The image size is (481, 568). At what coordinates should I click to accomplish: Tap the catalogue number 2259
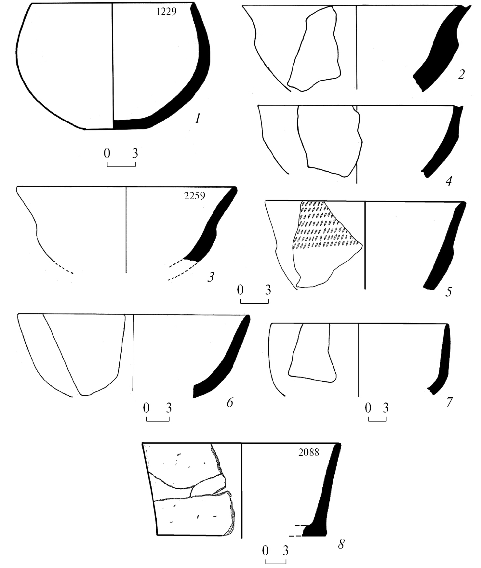click(194, 196)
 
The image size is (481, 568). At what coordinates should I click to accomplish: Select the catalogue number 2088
click(309, 452)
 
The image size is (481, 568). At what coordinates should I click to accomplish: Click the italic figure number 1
click(197, 119)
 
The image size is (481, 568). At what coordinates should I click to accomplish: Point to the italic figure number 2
click(461, 75)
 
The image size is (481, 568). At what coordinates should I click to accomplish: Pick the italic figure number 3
click(211, 277)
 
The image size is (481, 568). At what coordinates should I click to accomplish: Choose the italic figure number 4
click(449, 181)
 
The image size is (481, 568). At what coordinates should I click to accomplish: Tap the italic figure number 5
click(448, 292)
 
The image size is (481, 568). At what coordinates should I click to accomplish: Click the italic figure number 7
click(449, 402)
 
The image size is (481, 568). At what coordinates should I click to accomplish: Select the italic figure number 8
click(341, 544)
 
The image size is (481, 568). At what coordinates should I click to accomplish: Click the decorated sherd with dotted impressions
click(327, 244)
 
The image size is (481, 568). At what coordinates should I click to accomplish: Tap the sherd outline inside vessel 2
click(314, 49)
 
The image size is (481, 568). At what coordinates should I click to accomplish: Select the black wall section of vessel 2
click(441, 49)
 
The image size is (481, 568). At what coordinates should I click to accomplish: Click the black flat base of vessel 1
click(130, 124)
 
